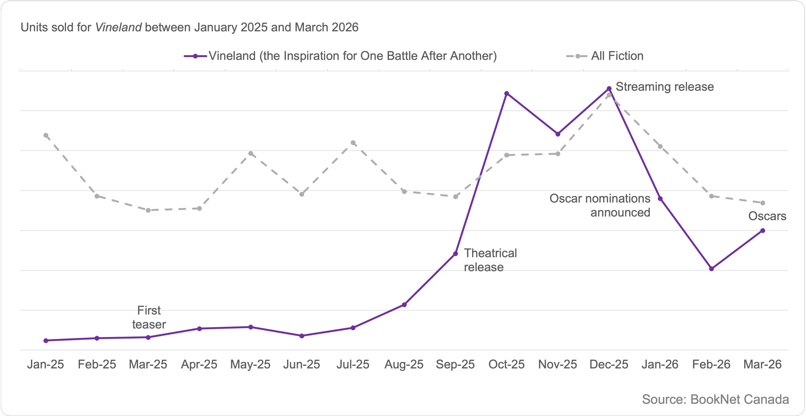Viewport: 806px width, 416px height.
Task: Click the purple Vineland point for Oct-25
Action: click(506, 94)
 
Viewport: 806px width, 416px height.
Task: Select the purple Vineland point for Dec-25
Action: click(609, 88)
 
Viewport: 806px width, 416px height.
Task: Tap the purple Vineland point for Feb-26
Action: click(712, 269)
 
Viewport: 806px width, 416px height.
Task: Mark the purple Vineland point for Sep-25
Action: click(456, 254)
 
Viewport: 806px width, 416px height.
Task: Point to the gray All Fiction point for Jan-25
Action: click(46, 135)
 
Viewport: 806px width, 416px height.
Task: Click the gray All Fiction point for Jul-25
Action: click(353, 143)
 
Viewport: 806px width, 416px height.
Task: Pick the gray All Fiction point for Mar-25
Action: click(148, 210)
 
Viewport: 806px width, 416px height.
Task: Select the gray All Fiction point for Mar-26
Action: click(763, 203)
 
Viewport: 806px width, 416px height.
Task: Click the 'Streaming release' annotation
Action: click(664, 87)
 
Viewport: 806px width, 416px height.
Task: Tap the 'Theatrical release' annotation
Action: click(490, 260)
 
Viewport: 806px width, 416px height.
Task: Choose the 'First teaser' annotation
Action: click(149, 317)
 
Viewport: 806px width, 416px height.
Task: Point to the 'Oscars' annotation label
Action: click(767, 216)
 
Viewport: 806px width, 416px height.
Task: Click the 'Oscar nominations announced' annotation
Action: click(600, 205)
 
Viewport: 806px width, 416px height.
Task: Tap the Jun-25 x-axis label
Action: click(301, 364)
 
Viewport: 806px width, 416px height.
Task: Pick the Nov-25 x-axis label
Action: click(557, 364)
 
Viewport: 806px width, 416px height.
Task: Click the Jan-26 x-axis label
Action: click(660, 364)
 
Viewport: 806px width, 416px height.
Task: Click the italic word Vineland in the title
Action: click(118, 27)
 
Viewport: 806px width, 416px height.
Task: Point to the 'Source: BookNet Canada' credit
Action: click(715, 400)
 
